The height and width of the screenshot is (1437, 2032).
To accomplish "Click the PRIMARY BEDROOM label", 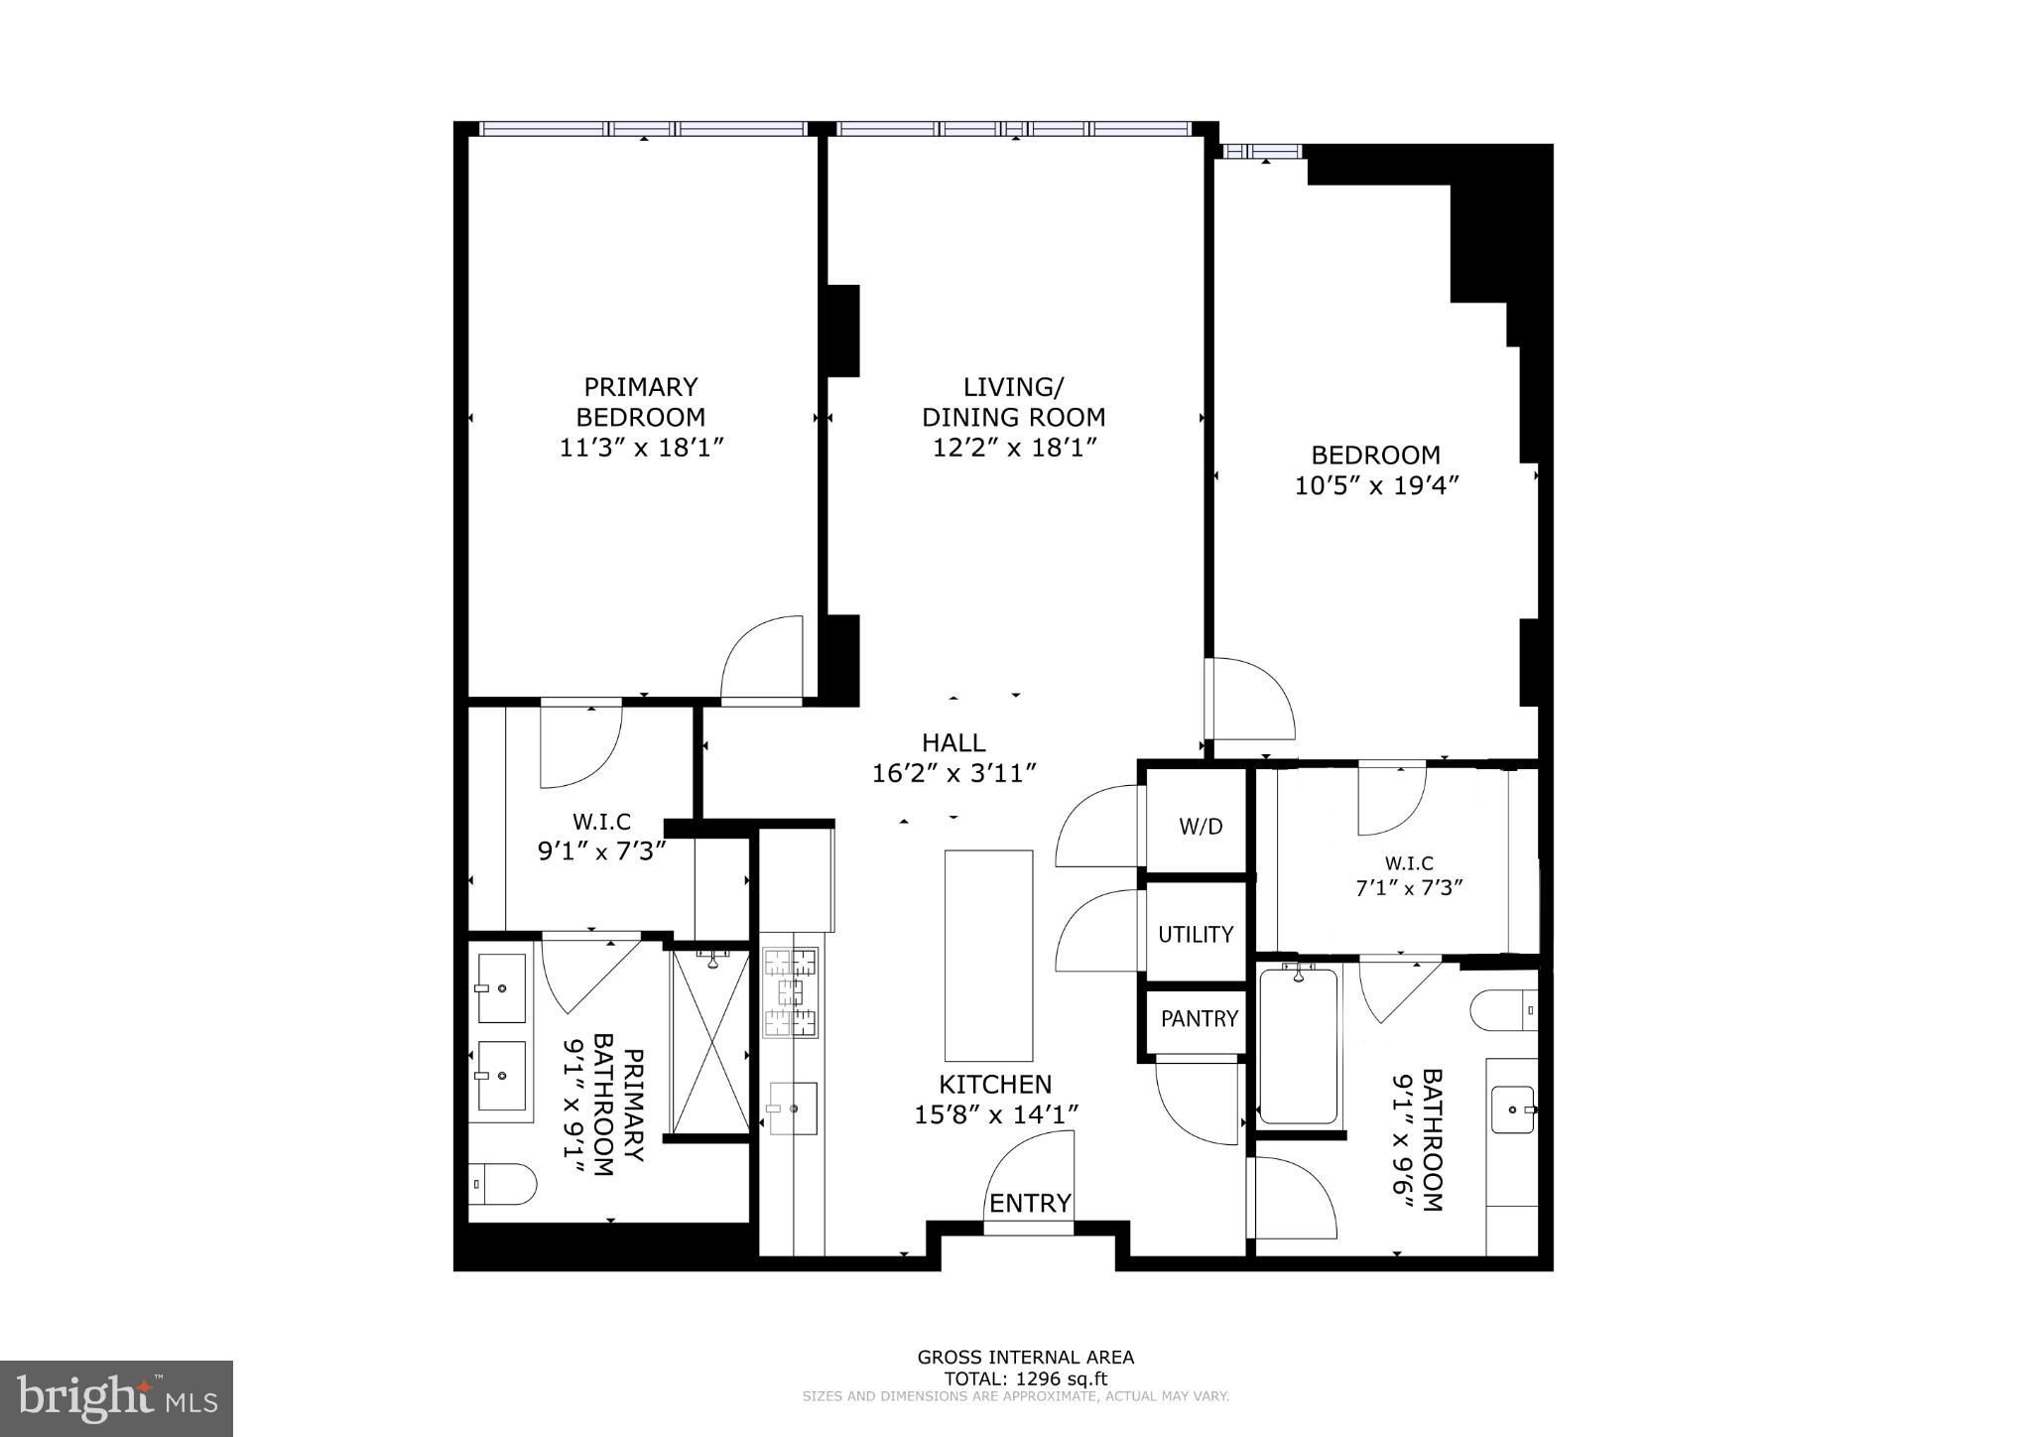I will coord(640,401).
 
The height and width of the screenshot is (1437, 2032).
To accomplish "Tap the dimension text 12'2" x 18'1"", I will coord(1013,448).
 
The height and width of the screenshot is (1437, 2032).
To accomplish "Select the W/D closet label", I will coord(1200,826).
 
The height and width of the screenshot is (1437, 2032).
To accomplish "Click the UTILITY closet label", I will coord(1196,934).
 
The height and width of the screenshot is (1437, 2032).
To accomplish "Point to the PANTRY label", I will coord(1199,1018).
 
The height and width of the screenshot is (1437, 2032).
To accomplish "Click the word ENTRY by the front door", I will coord(1030,1203).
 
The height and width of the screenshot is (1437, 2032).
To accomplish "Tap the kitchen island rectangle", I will coord(988,955).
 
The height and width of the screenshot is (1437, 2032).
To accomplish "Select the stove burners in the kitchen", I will coord(791,991).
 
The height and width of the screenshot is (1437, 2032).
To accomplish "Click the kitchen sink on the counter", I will coord(793,1108).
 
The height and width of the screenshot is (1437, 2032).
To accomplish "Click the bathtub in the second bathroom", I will coord(1298,1046).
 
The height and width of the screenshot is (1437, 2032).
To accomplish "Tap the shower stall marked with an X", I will coord(710,1042).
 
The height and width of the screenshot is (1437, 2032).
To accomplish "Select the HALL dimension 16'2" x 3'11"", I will coord(953,772).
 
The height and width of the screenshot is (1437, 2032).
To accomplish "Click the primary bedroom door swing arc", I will coord(762,658).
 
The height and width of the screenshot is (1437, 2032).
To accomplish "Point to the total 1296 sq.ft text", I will coord(1025,1378).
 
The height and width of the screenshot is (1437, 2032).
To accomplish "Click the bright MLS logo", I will coord(116,1398).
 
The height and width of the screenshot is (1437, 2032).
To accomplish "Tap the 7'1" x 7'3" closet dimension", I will coord(1409,887).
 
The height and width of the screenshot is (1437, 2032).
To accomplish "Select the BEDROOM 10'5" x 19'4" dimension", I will coord(1375,485).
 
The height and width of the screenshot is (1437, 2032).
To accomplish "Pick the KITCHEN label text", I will coord(995,1084).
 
